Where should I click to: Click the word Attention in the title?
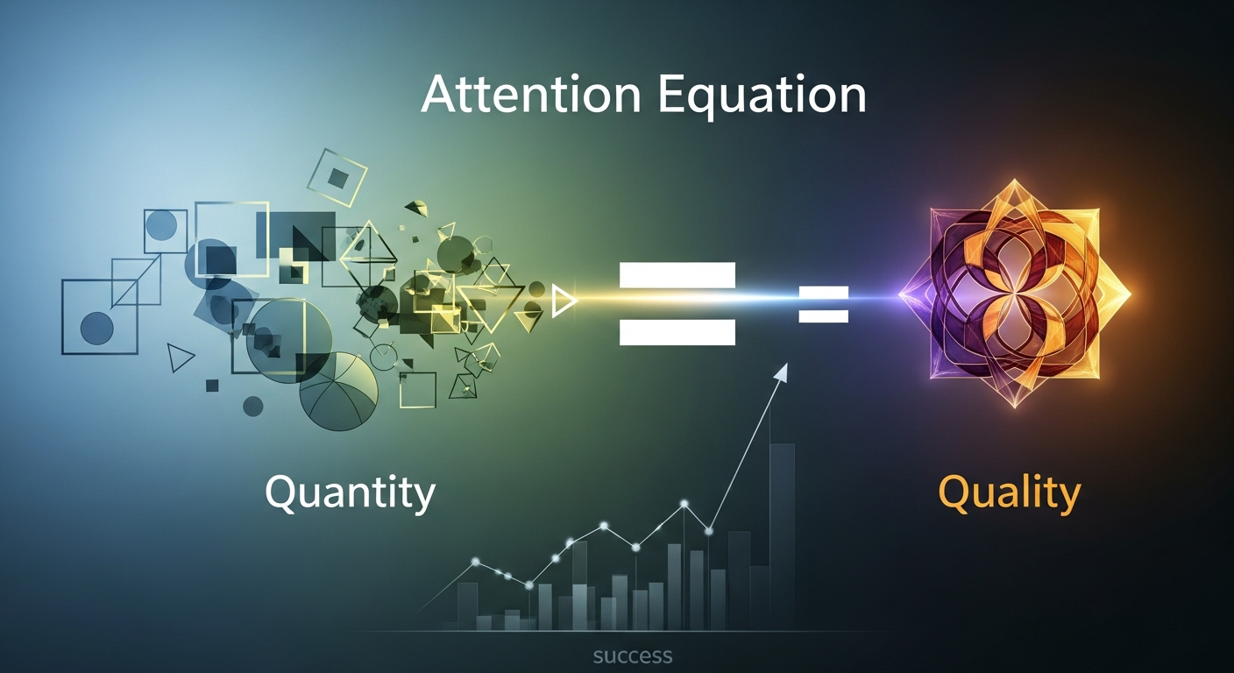tap(531, 96)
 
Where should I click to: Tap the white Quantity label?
tap(350, 493)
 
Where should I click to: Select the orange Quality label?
tap(1010, 493)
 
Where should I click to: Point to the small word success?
tap(633, 656)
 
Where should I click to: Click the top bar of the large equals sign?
tap(677, 275)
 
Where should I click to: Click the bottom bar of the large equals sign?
tap(677, 332)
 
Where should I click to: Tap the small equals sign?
tap(824, 304)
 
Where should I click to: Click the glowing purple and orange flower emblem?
tap(1015, 294)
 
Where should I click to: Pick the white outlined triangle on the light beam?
tap(564, 301)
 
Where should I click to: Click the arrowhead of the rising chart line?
tap(782, 372)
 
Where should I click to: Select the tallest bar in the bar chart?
tap(783, 537)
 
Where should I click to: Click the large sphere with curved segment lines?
tap(339, 392)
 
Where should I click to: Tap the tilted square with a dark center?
tap(337, 177)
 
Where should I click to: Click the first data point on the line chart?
tap(475, 562)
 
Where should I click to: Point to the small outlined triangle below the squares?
tap(180, 358)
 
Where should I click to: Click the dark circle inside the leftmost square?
tap(97, 329)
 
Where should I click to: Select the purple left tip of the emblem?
tap(900, 294)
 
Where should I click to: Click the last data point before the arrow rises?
tap(709, 531)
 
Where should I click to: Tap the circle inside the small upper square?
tap(162, 226)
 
